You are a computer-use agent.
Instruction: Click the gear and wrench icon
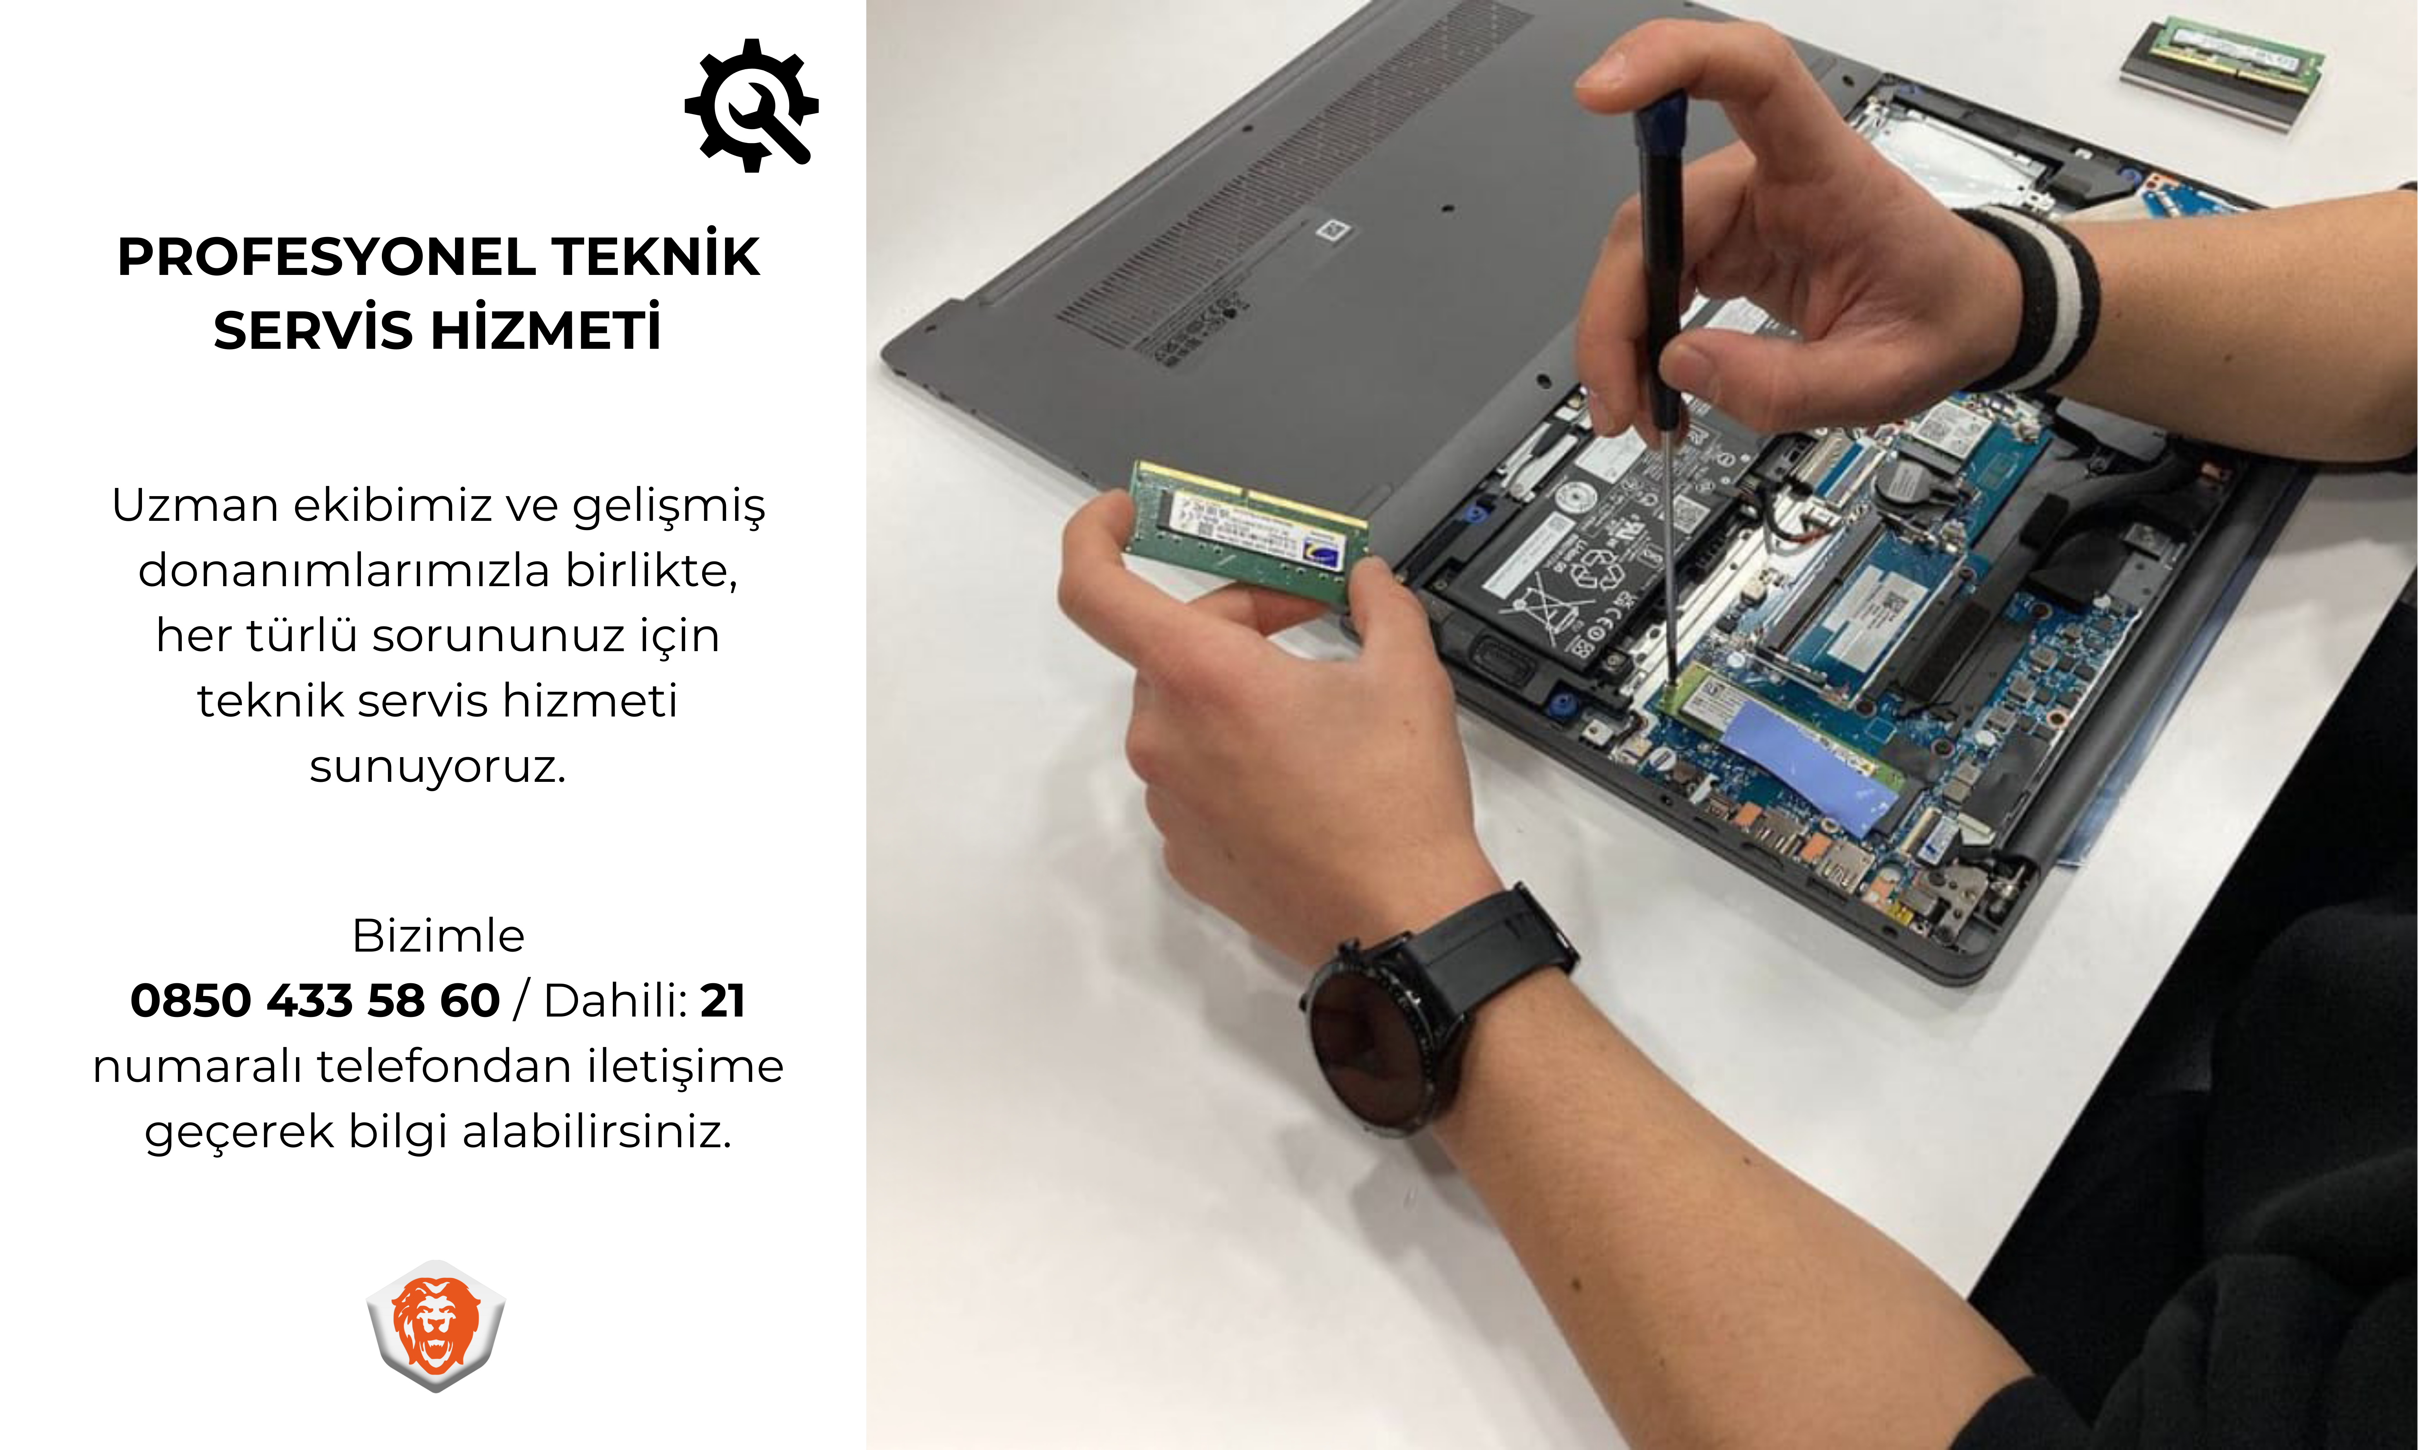coord(751,106)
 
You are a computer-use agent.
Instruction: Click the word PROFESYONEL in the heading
coord(327,257)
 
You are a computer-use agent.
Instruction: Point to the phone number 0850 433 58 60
coord(315,1001)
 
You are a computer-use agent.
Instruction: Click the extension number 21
coord(723,1001)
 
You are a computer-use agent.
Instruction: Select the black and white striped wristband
coord(2038,298)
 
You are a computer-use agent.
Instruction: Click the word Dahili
coord(616,1001)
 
